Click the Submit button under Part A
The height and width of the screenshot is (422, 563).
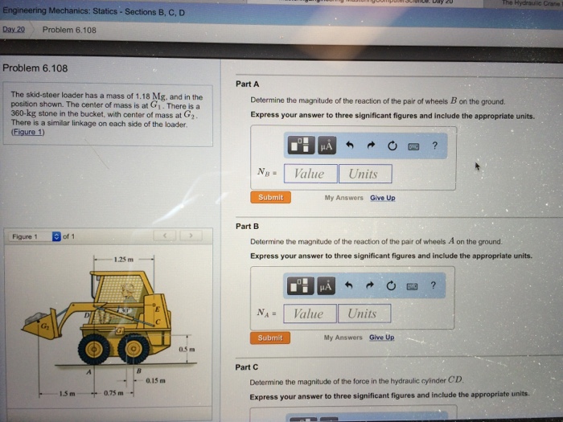click(270, 197)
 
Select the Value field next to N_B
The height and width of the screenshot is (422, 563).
click(309, 174)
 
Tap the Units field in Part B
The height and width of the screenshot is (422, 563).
click(364, 313)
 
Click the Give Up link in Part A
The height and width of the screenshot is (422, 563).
click(382, 198)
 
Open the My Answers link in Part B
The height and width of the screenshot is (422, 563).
click(343, 338)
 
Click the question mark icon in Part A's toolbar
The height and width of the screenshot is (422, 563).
click(434, 145)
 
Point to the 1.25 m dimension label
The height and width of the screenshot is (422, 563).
click(124, 260)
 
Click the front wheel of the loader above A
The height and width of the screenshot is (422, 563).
click(95, 348)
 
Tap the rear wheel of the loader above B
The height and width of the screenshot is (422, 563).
click(134, 348)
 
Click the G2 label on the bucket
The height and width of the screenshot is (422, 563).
click(25, 327)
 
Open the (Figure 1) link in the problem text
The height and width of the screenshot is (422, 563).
click(28, 133)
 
